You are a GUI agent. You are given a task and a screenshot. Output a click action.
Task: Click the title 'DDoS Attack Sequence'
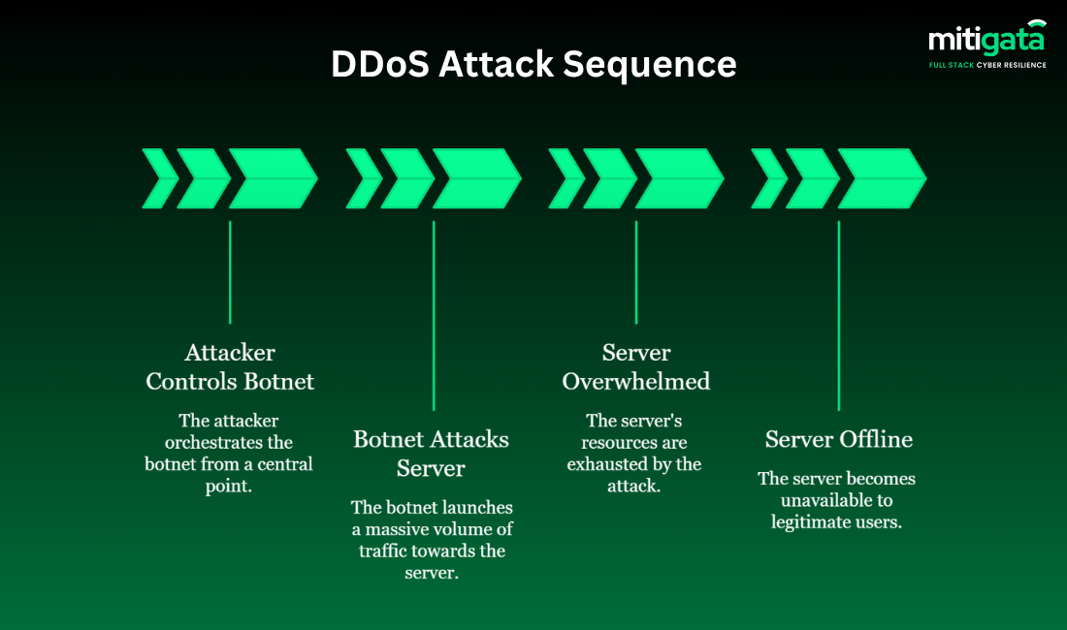533,64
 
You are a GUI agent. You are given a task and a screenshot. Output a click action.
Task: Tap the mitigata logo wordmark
986,40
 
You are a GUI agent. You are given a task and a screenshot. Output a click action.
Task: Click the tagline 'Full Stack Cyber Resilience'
987,64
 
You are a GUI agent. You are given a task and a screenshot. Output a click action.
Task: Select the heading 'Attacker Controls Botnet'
230,367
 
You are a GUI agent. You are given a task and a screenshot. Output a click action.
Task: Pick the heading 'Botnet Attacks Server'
431,454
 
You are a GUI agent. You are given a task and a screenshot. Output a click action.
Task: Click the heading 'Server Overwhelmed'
636,367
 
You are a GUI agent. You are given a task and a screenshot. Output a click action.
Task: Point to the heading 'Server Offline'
838,439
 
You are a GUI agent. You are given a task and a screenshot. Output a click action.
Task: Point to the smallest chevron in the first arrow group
159,178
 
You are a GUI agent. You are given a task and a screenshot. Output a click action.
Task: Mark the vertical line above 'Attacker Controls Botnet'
230,271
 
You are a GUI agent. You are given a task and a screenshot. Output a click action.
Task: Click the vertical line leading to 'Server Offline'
839,315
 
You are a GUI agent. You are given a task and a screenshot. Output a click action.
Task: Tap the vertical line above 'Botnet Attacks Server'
434,315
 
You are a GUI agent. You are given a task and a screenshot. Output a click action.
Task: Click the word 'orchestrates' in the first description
200,443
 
